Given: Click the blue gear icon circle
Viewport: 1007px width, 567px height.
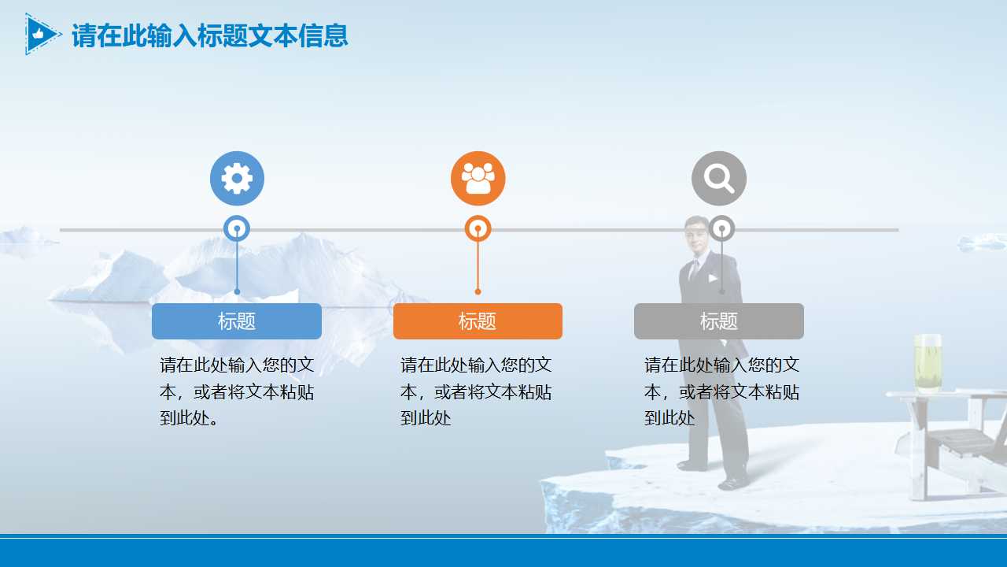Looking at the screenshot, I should coord(237,179).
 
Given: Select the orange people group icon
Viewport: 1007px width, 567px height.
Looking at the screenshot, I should coord(478,179).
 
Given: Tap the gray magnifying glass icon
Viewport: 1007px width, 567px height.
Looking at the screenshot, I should coord(718,179).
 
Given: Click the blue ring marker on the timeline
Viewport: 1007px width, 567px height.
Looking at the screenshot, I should coord(237,228).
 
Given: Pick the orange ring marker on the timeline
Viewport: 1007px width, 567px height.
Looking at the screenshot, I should coord(478,228).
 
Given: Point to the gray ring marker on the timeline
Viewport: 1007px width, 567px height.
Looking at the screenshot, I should coord(721,228).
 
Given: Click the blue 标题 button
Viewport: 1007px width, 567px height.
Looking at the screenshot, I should coord(237,321).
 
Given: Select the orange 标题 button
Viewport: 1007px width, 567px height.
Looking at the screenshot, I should coord(478,321).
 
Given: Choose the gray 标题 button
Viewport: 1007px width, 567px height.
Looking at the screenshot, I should coord(718,321).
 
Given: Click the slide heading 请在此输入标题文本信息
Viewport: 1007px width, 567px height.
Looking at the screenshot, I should coord(209,35).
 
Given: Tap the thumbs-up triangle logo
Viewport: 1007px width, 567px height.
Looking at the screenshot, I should coord(41,34).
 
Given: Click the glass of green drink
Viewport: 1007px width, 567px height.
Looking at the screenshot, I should coord(928,364).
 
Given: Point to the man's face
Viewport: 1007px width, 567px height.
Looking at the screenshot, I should coord(696,235).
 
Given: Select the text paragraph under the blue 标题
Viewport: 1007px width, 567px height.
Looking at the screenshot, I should coord(237,391).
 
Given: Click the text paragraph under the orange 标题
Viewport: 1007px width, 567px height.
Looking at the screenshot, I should coord(476,391).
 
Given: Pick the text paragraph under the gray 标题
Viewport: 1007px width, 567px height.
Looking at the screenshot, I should coord(721,391).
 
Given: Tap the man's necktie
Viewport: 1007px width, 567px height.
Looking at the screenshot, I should coord(693,272).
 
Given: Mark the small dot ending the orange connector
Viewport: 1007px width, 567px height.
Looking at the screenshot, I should coord(478,291).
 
